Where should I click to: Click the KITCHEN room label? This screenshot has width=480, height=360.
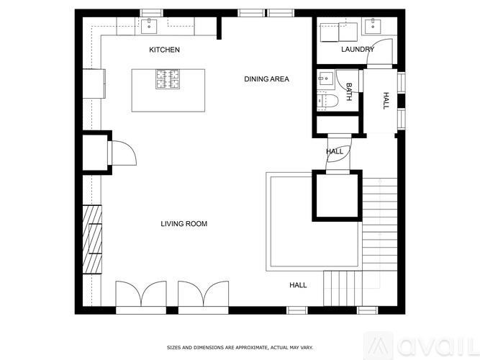164,50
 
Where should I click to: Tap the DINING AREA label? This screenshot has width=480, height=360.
266,79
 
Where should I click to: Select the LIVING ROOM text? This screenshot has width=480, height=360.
184,224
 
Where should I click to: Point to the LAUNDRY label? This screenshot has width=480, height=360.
357,50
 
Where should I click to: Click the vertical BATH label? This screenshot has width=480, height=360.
349,91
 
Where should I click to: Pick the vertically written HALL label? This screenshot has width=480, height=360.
386,100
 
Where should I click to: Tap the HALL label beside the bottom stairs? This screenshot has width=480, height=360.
298,285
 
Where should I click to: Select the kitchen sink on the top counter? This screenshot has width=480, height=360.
150,27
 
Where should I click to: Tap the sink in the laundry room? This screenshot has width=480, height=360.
373,27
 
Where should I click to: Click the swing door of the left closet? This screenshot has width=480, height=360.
120,153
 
